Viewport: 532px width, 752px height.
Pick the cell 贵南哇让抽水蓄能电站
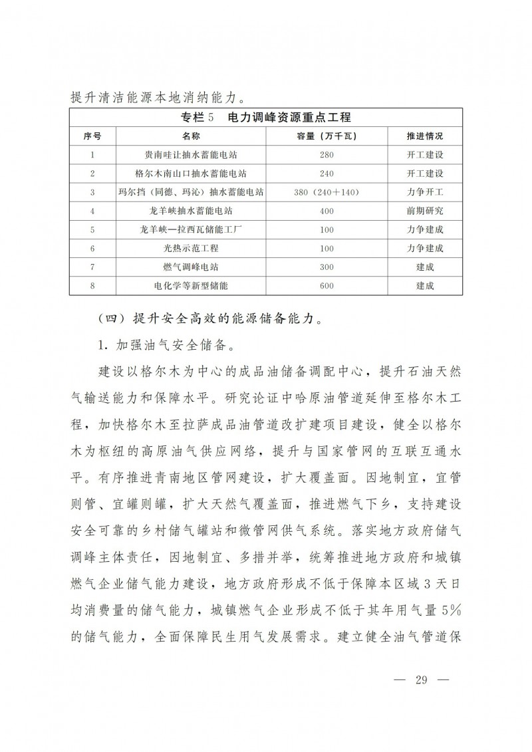(191, 154)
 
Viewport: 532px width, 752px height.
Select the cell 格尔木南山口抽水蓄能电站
(191, 173)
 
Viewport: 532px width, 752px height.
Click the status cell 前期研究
(424, 210)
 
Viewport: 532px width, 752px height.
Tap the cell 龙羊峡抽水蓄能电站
(191, 210)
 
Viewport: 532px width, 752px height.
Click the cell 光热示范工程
(191, 247)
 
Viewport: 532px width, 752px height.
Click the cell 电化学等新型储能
(191, 285)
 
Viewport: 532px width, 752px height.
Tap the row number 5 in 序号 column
(92, 229)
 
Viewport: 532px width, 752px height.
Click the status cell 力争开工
(424, 191)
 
